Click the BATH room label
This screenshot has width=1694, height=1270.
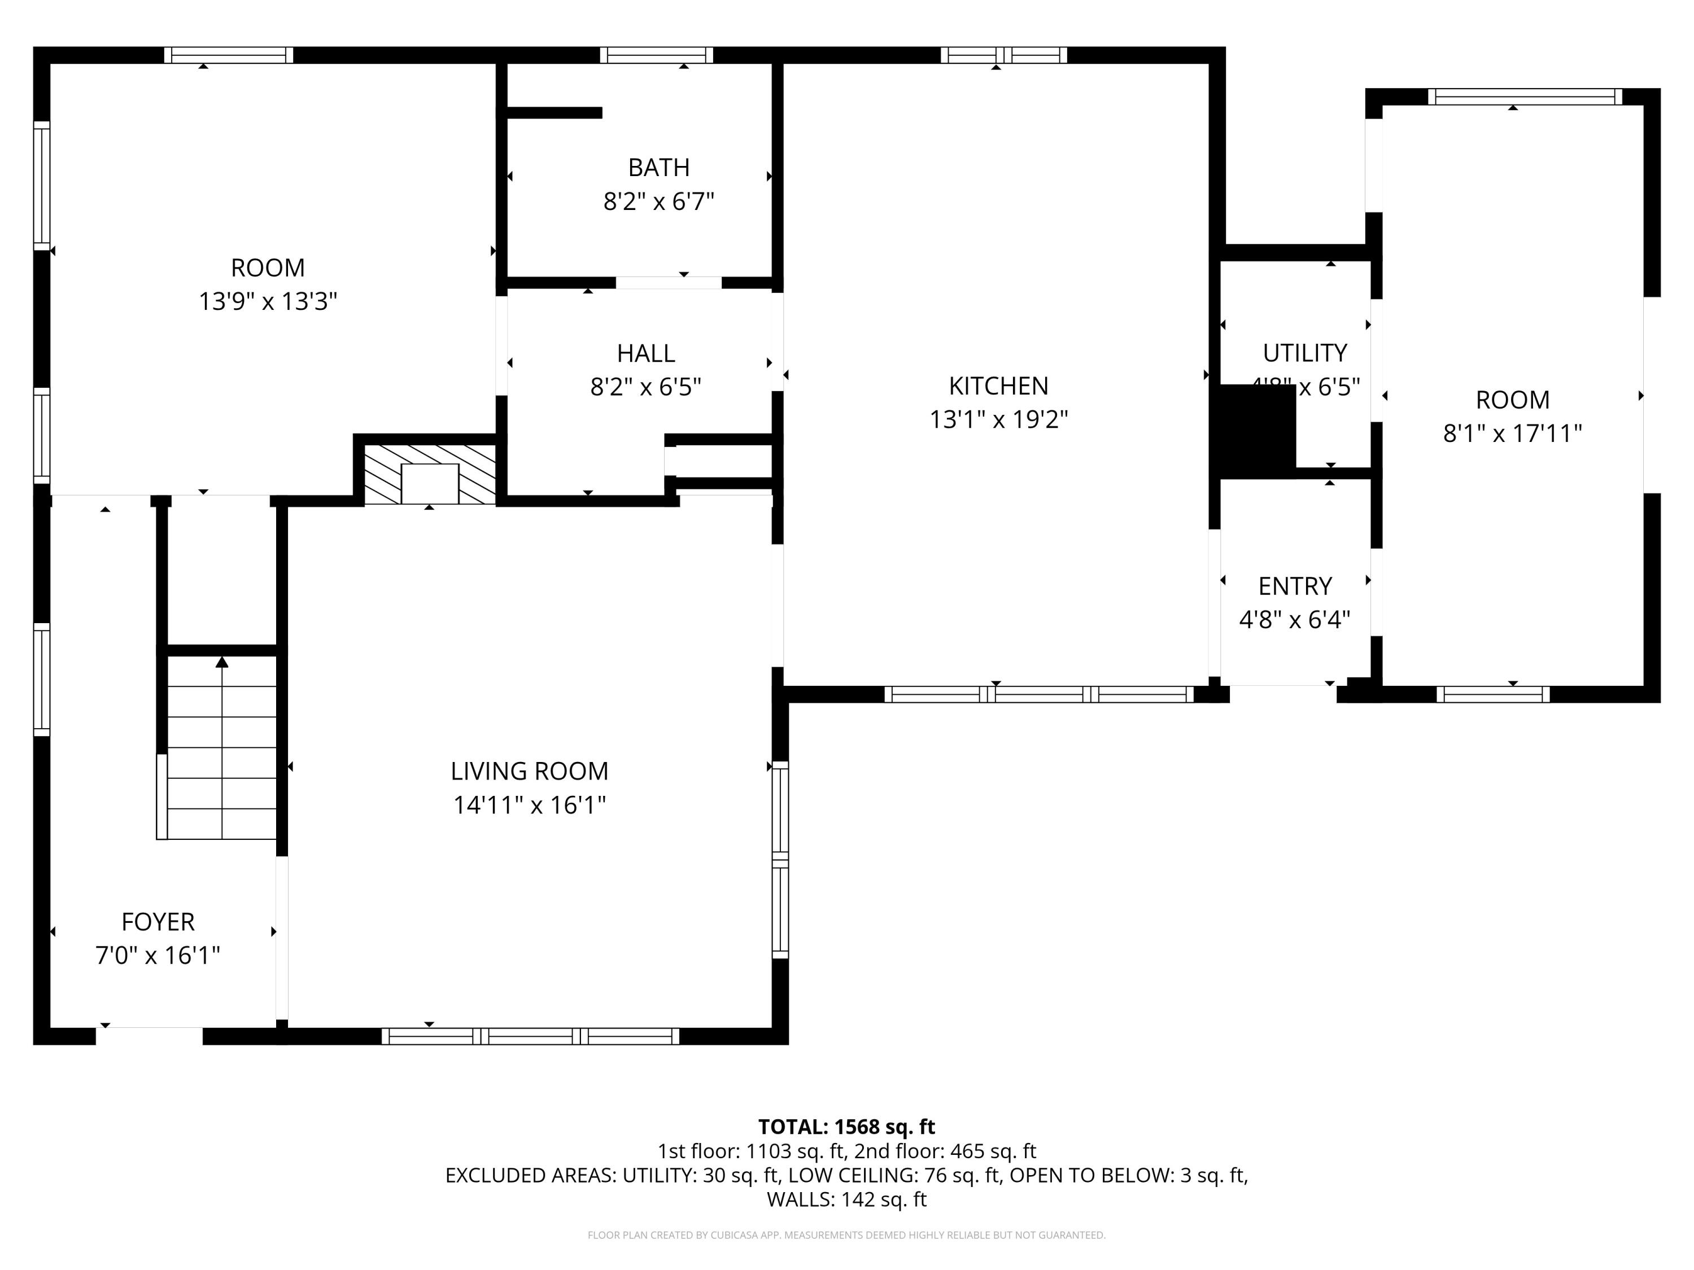pos(658,167)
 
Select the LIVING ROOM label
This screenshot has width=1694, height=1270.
pos(529,771)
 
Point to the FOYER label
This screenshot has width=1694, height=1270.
pos(158,922)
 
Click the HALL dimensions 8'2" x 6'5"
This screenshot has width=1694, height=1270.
pos(645,387)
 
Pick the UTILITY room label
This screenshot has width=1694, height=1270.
pos(1304,353)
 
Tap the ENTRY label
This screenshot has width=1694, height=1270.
pos(1295,586)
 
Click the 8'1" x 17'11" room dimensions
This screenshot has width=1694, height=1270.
pos(1512,434)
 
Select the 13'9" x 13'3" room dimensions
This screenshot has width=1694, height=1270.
pos(268,301)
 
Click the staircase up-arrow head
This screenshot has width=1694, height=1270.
pos(222,662)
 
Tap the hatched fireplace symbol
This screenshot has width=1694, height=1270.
pos(430,475)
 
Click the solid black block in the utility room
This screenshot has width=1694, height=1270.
pos(1256,430)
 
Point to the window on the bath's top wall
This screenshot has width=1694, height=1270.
pos(656,55)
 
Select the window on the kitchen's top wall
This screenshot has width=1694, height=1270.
pos(1003,55)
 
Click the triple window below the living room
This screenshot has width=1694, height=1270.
pos(530,1036)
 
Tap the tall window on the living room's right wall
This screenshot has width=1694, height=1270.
pos(780,859)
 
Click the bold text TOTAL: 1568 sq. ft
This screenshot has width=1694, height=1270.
pos(846,1127)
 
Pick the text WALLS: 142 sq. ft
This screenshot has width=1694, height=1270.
pos(846,1199)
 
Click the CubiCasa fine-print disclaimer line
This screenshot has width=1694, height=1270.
pos(846,1235)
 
